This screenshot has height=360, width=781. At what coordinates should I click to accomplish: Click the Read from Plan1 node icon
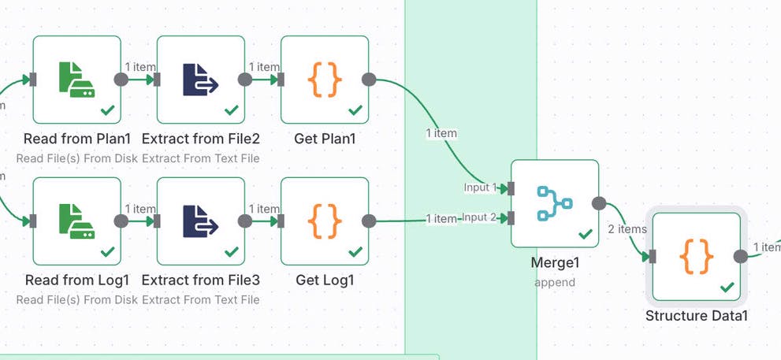(x=76, y=80)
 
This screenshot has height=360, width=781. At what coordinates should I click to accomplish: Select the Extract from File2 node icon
(x=200, y=80)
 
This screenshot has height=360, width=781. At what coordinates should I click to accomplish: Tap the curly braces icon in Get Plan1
(x=324, y=80)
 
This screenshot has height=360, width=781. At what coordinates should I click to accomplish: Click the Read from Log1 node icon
(x=76, y=221)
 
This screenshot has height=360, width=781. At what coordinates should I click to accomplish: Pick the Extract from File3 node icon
(x=200, y=221)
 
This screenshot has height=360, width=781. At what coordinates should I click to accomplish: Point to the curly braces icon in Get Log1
(x=324, y=221)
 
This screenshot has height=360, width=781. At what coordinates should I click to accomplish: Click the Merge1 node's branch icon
(x=554, y=203)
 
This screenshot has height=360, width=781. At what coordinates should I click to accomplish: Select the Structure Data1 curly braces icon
(x=696, y=256)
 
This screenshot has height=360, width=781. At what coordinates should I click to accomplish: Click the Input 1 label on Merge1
(x=480, y=187)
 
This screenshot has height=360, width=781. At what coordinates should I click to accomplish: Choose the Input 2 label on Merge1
(x=480, y=217)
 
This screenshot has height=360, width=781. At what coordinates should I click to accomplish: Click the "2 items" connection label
(x=627, y=229)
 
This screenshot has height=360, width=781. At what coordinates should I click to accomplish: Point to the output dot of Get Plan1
(x=369, y=80)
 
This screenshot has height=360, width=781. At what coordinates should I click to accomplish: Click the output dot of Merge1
(x=599, y=203)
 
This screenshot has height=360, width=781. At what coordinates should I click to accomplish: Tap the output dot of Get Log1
(x=369, y=221)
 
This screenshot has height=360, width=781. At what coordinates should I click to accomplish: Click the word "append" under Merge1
(x=555, y=282)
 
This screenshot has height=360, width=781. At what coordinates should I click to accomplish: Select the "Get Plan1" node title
(x=325, y=139)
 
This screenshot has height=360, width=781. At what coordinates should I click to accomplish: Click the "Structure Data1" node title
(x=696, y=316)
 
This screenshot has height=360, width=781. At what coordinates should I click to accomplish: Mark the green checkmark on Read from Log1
(x=108, y=252)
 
